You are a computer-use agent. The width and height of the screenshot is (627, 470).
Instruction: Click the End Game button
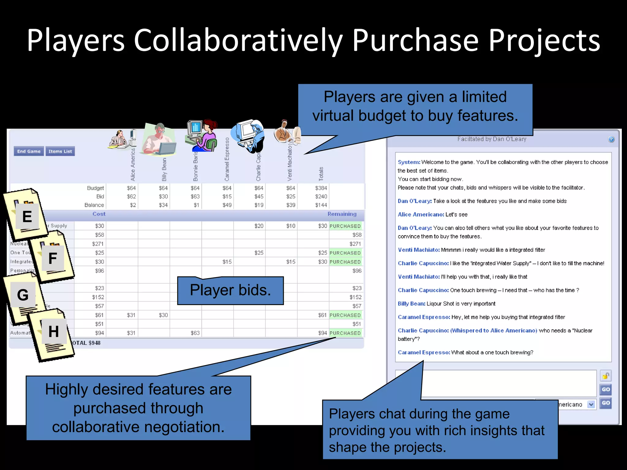click(x=29, y=151)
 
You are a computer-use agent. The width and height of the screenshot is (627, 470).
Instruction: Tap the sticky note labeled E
click(x=27, y=217)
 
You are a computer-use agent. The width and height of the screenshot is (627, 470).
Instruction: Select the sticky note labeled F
click(x=53, y=258)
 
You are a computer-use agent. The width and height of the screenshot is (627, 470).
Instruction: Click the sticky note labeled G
click(x=23, y=295)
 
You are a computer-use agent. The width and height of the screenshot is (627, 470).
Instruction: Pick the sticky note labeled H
click(x=54, y=331)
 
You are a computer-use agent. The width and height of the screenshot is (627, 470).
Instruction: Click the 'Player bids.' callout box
click(x=231, y=290)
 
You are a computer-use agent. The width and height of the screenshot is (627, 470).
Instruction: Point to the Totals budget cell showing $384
click(x=321, y=188)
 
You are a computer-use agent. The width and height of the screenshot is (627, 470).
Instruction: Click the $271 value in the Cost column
click(x=98, y=244)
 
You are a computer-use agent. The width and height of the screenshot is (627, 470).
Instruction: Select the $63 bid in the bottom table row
click(x=195, y=333)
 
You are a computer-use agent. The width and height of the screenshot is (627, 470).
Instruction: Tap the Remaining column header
click(x=342, y=214)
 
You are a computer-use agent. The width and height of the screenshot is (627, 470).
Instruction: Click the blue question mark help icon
click(x=611, y=139)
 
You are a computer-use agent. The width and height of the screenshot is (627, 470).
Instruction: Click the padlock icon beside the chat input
click(x=606, y=376)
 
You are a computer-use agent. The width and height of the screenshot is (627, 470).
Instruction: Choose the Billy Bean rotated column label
click(x=164, y=169)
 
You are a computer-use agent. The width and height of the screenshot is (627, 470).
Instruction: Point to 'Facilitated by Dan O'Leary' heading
click(x=492, y=139)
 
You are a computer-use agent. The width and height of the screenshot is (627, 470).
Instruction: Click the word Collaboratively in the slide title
click(x=238, y=41)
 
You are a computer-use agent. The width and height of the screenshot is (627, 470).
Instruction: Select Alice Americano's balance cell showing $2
click(x=133, y=205)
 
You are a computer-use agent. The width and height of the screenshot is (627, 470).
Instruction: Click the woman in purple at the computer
click(x=202, y=136)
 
